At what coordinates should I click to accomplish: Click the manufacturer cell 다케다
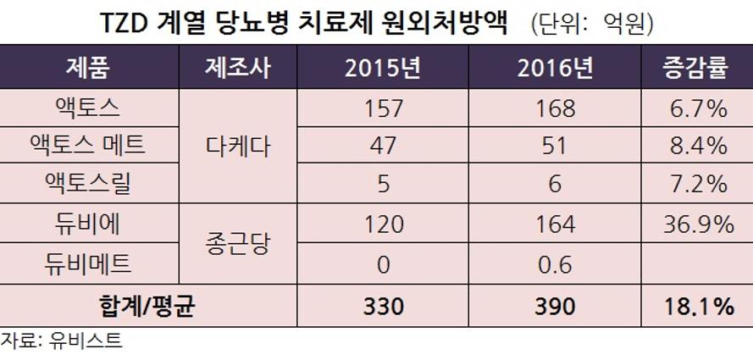238,146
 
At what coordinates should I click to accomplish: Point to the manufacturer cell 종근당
238,244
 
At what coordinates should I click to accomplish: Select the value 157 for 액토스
383,108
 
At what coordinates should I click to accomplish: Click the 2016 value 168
556,108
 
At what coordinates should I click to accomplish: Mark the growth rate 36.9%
695,224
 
